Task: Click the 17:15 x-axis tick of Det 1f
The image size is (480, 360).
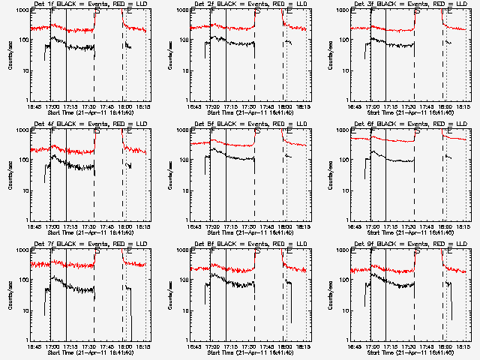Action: [72, 106]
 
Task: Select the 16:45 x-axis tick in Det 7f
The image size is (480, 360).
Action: [33, 346]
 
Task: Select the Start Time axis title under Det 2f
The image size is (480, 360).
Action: [250, 112]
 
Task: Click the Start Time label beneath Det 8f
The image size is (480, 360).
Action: [250, 352]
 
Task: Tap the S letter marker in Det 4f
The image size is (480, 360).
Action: [97, 129]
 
